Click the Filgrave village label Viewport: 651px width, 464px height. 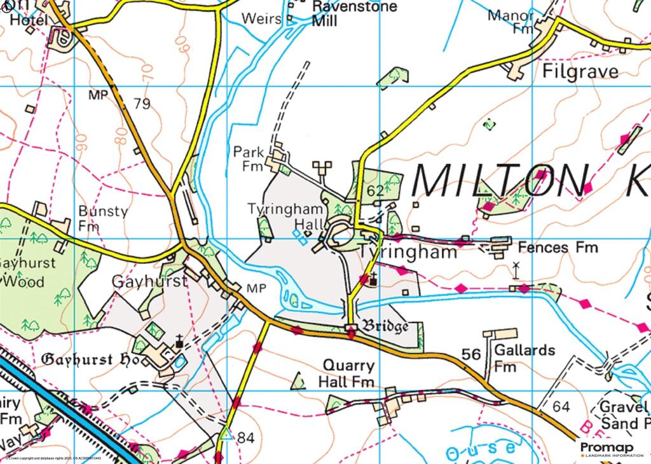coord(580,71)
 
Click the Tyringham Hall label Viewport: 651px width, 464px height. coord(284,216)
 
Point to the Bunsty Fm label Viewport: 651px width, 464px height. coord(102,218)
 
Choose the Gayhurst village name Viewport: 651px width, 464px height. coord(149,281)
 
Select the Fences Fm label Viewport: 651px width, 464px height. coord(558,247)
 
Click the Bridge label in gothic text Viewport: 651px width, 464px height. coord(385,327)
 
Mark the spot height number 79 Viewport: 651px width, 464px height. coord(142,103)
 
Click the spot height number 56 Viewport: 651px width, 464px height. coord(471,354)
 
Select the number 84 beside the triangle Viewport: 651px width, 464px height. coord(245,437)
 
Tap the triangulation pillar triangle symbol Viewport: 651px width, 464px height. coord(224,435)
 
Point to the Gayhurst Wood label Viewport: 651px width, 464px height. coord(29,271)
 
